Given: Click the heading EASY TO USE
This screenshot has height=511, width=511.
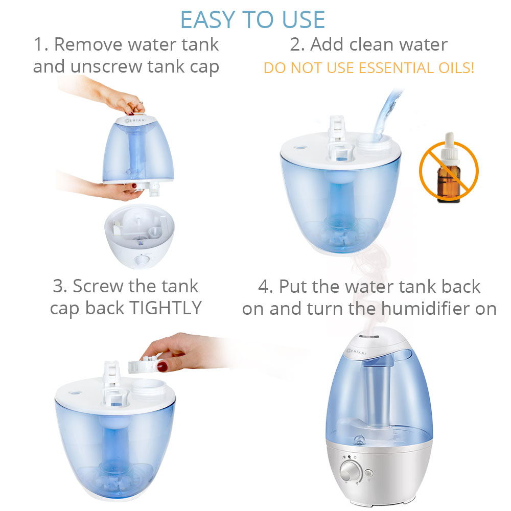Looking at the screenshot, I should pyautogui.click(x=252, y=19).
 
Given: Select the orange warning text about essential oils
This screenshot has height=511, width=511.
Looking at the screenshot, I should pyautogui.click(x=368, y=67).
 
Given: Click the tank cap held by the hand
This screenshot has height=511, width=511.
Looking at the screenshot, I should pyautogui.click(x=144, y=365).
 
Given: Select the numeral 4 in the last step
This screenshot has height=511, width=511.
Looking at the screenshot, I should pyautogui.click(x=264, y=286).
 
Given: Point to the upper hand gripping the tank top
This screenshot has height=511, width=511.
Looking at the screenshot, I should pyautogui.click(x=123, y=100).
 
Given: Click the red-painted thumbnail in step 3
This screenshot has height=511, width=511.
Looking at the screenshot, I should pyautogui.click(x=162, y=366).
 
